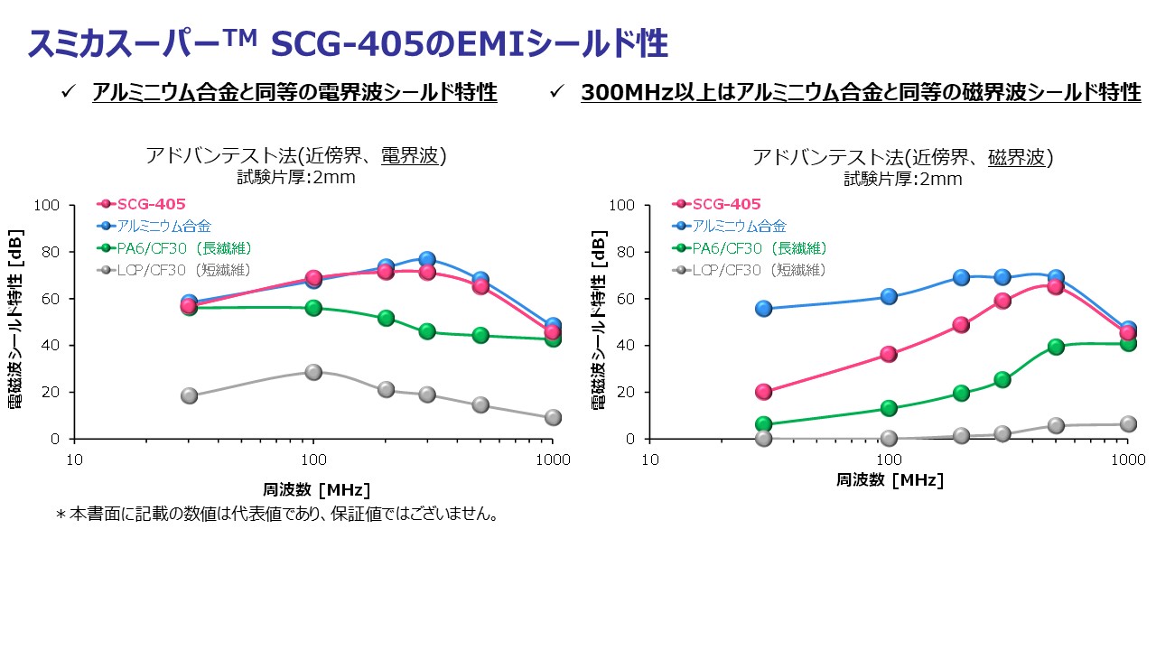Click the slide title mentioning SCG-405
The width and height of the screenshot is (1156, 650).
click(348, 42)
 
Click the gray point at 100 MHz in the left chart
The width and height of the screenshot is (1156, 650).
click(313, 372)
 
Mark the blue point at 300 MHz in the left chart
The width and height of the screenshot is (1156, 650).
click(427, 260)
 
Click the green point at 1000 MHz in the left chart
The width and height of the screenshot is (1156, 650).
click(553, 339)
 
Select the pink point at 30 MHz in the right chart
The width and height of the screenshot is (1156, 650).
click(764, 392)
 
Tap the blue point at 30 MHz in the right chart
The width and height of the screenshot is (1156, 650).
click(764, 309)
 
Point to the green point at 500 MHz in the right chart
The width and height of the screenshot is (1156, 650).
click(1056, 347)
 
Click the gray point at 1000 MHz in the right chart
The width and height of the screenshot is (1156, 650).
click(1128, 424)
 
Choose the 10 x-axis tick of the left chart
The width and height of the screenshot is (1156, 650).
click(75, 460)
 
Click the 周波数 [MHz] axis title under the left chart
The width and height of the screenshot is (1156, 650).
click(316, 490)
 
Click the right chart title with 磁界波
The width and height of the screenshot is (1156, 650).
click(903, 157)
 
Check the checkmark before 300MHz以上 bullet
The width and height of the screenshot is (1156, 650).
click(557, 92)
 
